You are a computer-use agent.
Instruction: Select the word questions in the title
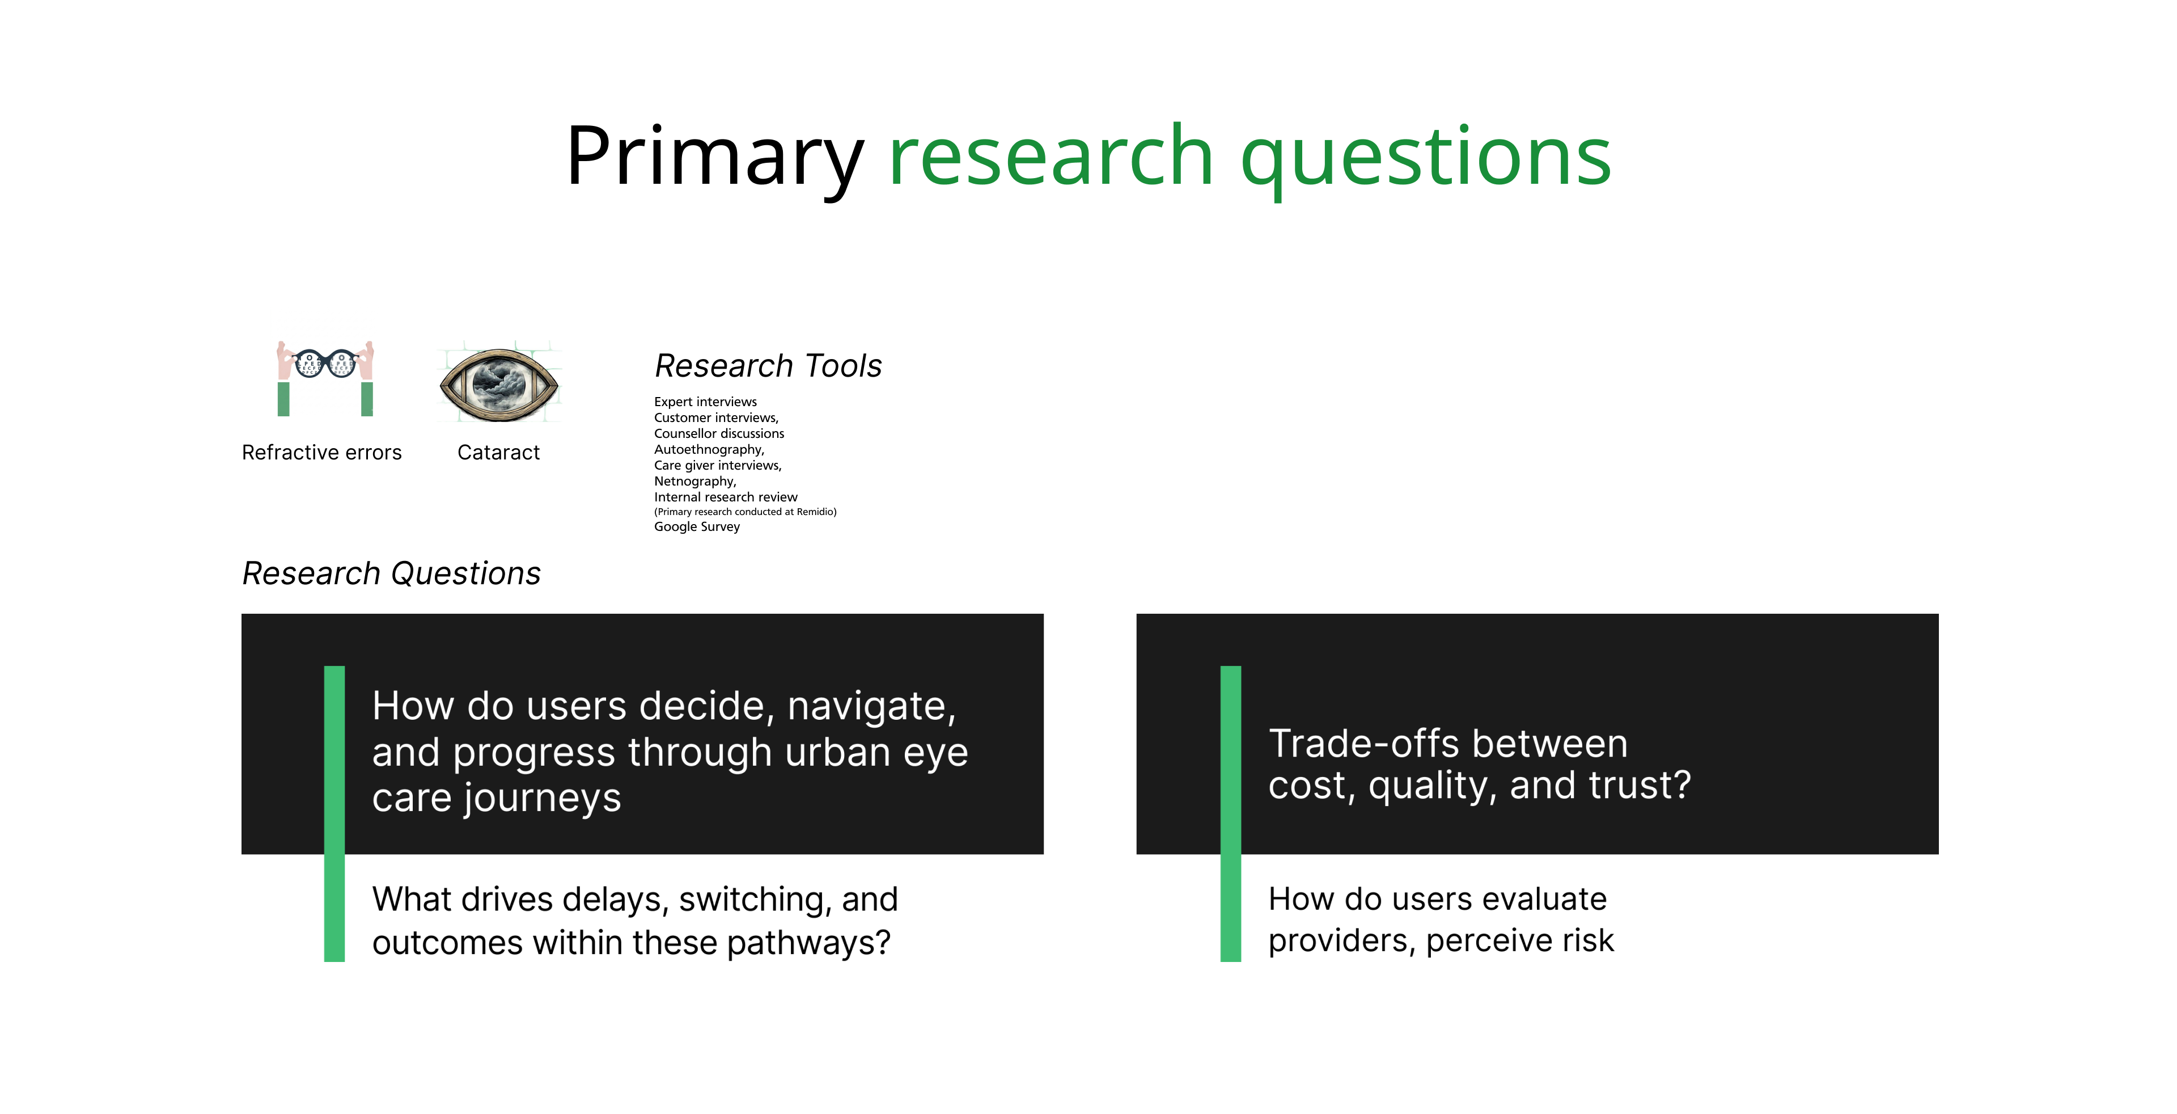[1426, 158]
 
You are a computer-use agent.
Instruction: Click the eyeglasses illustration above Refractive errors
[325, 378]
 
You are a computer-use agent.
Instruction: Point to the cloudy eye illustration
[499, 385]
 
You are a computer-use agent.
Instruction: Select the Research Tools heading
[768, 366]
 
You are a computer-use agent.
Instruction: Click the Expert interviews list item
[706, 402]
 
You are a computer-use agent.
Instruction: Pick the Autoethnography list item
[709, 450]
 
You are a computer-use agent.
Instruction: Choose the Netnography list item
[694, 481]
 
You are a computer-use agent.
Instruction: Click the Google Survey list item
[697, 526]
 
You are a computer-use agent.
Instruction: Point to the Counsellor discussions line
[719, 433]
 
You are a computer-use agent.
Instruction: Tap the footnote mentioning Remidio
[746, 512]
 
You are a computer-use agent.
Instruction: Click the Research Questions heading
[391, 574]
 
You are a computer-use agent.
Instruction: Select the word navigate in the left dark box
[871, 707]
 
